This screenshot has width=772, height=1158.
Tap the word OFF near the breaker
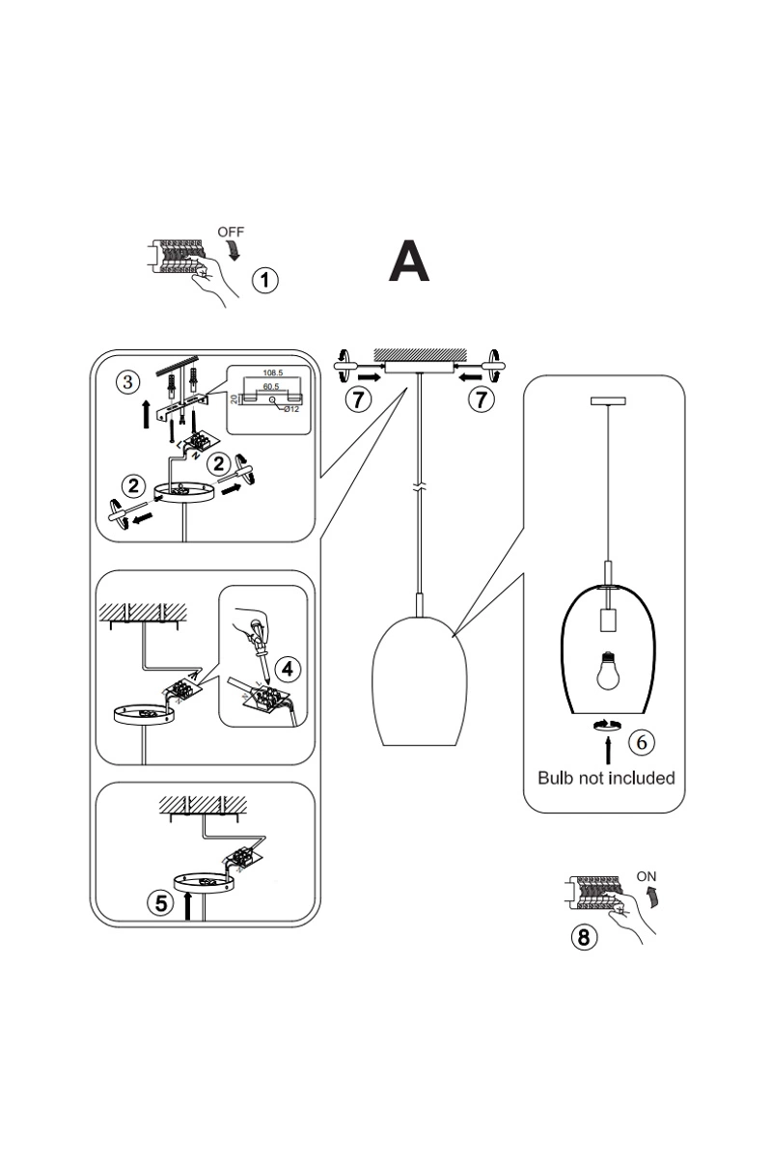pos(231,232)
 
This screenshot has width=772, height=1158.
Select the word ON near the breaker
pos(647,876)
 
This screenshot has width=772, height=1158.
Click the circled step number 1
pos(264,281)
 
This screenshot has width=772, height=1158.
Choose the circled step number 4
pos(286,669)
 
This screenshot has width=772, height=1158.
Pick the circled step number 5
pos(161,903)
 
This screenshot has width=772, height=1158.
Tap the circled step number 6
pos(642,741)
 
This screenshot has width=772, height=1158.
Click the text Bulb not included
pos(606,778)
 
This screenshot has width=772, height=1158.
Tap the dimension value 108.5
pos(272,372)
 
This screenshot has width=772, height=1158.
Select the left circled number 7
pos(358,399)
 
